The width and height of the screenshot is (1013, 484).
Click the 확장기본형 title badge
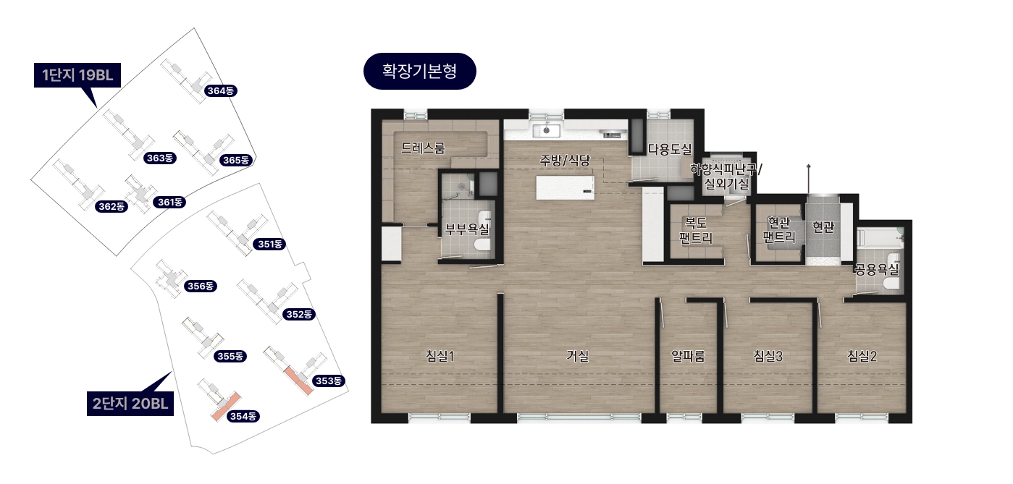coord(420,71)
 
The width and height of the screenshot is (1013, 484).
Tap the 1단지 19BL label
coord(77,75)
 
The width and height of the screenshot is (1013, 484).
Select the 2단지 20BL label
coord(130,403)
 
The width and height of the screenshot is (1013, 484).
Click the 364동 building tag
coord(221,91)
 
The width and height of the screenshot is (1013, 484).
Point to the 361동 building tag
coord(169,202)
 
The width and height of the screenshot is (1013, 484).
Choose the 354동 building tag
coord(243,416)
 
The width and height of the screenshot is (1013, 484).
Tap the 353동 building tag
coord(329,381)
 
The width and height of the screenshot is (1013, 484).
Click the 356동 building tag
coord(201,286)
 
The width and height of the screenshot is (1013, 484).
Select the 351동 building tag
coord(270,244)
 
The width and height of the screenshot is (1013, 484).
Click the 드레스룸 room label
coord(424,148)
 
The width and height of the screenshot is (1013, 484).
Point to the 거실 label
coord(578,356)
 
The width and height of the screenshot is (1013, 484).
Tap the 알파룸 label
coord(689,356)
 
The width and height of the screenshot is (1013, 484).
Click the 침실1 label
coord(440,356)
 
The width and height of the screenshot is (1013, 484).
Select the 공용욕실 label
coord(876,270)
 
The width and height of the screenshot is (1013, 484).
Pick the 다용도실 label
coord(670,149)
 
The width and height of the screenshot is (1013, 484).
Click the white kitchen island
coord(566,188)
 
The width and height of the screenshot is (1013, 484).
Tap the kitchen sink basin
coord(546,131)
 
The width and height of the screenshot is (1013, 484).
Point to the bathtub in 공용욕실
coord(880,238)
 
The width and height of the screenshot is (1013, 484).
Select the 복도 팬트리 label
coord(696,230)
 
